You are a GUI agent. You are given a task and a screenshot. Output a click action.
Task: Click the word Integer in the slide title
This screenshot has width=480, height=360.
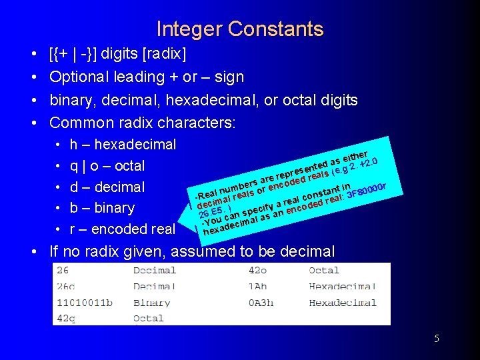coord(189,29)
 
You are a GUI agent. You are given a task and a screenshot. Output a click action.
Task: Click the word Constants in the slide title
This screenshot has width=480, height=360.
coord(275,29)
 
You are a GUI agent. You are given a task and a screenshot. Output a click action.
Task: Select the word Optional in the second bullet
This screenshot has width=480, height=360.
coord(79,77)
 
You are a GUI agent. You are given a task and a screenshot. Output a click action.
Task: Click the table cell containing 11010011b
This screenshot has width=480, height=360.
coord(85,303)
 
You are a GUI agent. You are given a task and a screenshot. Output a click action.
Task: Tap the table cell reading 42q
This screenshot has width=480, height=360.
coord(67,319)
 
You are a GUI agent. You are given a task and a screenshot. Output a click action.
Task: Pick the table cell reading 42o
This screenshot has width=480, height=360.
coord(259,271)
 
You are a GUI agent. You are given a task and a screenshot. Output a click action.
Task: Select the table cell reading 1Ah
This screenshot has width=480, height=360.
coord(258,287)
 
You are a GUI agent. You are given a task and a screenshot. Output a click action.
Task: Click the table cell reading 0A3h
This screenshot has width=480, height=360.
coord(261,303)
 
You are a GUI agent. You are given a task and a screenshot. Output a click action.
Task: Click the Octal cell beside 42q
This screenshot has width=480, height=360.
coord(148,319)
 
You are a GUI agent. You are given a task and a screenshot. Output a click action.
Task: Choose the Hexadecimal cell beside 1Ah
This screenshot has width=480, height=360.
coord(342,287)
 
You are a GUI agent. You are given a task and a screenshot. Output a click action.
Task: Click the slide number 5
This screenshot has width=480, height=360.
coord(437,339)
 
